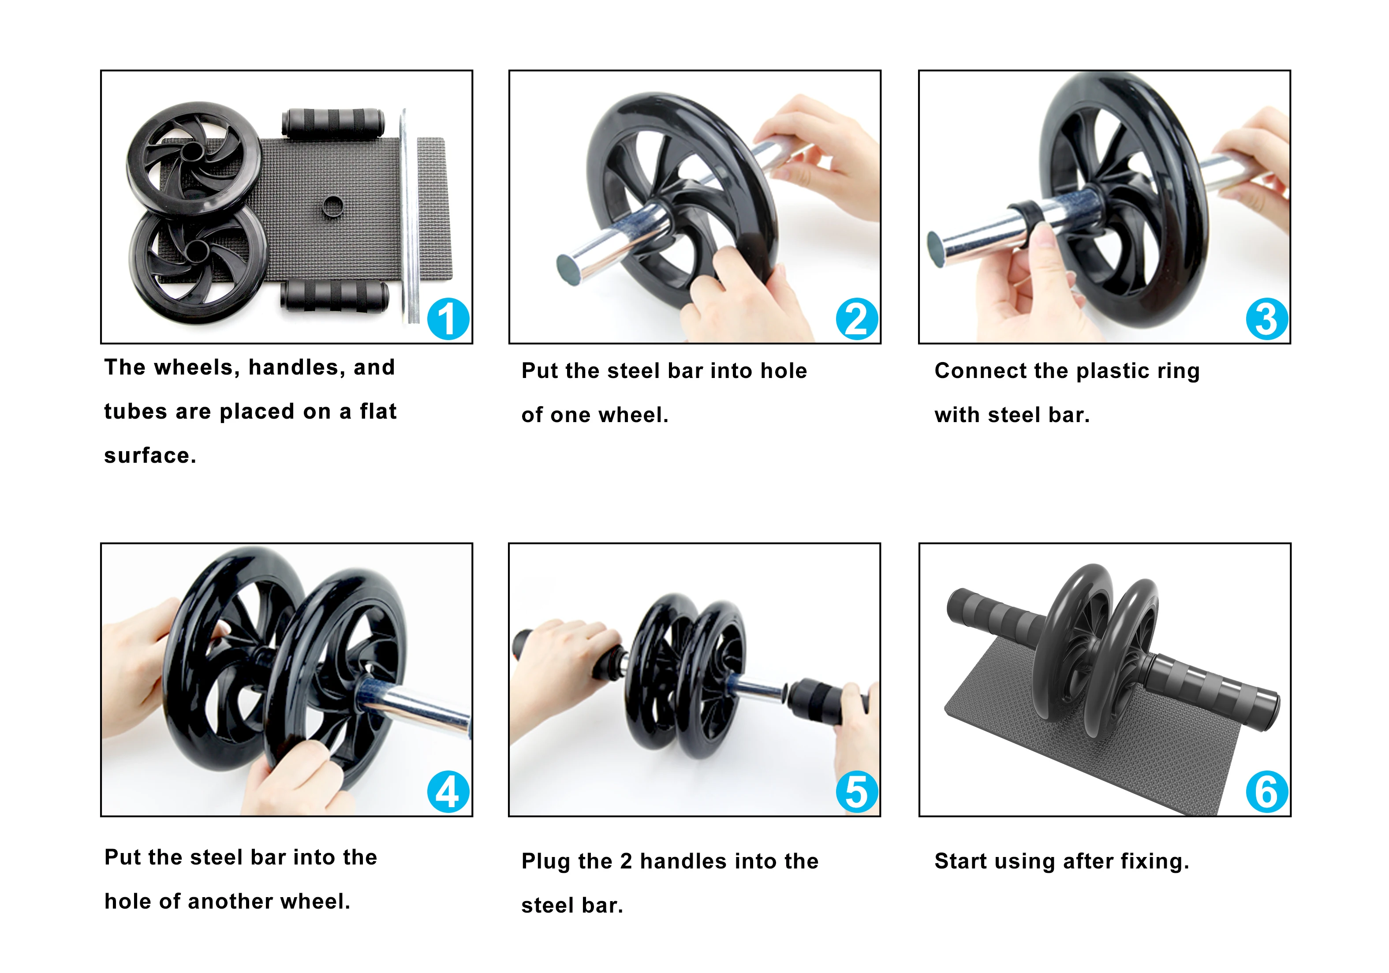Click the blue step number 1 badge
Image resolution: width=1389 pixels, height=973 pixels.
point(448,319)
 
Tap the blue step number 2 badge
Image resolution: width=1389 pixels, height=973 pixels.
point(857,319)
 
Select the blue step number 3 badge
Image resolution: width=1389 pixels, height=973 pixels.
point(1267,319)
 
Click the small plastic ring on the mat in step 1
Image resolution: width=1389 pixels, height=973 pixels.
point(333,206)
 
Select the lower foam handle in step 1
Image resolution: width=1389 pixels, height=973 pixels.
point(334,295)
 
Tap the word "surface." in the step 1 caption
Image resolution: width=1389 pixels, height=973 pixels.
point(150,456)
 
